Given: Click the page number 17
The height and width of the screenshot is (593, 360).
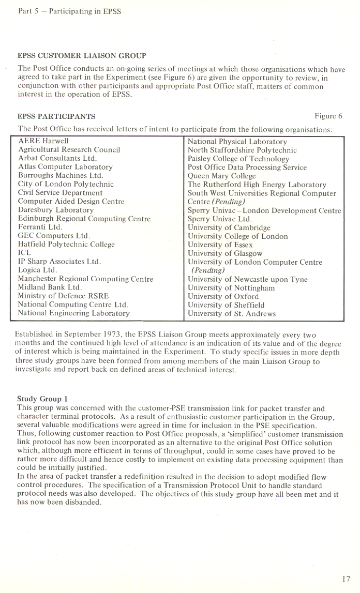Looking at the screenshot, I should coord(346,579).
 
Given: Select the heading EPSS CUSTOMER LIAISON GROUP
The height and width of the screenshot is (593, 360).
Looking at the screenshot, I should coord(82,55).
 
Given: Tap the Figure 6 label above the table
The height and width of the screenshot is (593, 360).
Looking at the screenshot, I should coord(328,116).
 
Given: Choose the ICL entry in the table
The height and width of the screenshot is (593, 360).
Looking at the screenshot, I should coord(25,253).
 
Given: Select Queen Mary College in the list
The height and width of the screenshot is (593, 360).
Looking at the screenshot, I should coord(221,176).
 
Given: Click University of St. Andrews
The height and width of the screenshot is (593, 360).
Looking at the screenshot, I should coord(232,313).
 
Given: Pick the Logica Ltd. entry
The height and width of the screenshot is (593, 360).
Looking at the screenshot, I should coord(37,270).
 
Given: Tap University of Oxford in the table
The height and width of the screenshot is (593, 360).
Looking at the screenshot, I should coord(223,296).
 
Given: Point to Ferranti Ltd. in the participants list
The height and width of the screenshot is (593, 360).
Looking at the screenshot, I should coord(40,227).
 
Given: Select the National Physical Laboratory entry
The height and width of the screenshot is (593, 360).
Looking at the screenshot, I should coord(237,141).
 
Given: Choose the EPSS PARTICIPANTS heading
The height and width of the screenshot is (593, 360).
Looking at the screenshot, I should coord(56,116).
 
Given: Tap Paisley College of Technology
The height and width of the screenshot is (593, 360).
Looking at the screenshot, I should coord(238,159).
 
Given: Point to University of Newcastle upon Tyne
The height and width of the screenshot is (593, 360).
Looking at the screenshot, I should coord(247,279).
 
